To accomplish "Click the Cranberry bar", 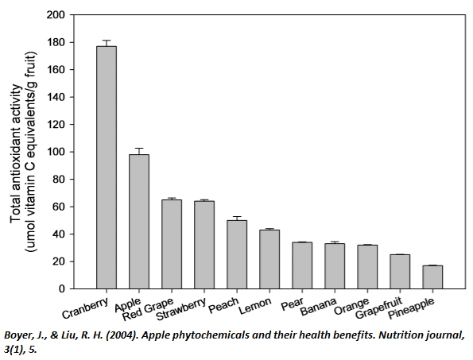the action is [107, 168].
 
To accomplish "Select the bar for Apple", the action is [139, 222].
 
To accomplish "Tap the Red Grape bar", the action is [172, 244].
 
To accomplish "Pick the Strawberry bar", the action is [204, 245].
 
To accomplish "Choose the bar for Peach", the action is [237, 254].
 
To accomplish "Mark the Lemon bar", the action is [269, 259].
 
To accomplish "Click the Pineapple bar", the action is [432, 277].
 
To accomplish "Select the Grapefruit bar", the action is [400, 272].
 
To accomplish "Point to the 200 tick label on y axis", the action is [56, 15].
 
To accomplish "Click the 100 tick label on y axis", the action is [56, 152].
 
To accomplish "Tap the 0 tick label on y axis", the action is [62, 288].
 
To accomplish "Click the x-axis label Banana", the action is [319, 306].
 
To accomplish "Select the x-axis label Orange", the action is [351, 306].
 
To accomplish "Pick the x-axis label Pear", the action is [293, 304].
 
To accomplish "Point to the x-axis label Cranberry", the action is [85, 308].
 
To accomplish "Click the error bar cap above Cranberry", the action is [107, 40].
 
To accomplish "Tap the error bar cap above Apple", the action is [139, 148].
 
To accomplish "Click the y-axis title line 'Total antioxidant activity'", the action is [16, 153].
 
